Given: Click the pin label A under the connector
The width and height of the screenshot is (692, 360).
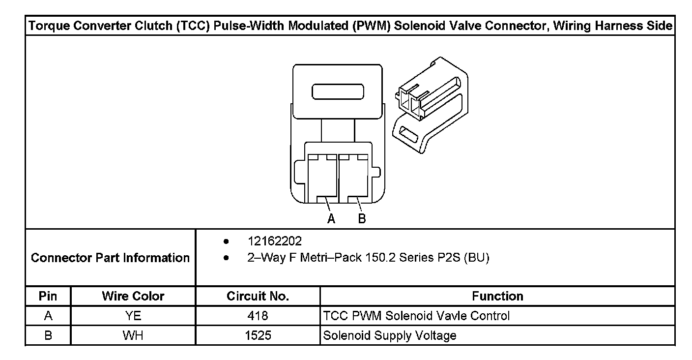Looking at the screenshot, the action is [x=331, y=219].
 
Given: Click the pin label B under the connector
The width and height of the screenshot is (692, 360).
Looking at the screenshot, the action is [x=362, y=219].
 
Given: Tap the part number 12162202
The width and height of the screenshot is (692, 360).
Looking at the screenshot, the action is [x=275, y=241].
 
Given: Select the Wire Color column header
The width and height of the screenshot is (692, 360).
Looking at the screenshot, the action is [x=133, y=297].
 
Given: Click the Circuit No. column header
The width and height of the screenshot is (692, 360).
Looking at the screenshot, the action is [x=258, y=297].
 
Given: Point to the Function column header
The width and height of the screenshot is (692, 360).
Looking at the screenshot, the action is [x=497, y=297].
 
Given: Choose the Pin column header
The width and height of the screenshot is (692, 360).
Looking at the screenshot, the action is [x=48, y=297].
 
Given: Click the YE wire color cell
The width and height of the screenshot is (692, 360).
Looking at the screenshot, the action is [x=133, y=316].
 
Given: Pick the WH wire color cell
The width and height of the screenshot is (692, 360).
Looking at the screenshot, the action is [x=133, y=336].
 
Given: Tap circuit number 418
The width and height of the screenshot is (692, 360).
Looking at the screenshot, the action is [x=258, y=316].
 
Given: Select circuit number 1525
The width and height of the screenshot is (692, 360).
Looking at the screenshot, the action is [x=258, y=336].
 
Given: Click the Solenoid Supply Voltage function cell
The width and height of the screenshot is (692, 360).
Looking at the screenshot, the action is [x=389, y=336].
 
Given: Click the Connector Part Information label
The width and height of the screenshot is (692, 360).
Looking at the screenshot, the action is [x=110, y=258].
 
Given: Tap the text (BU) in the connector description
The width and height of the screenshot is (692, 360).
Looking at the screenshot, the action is [x=476, y=258].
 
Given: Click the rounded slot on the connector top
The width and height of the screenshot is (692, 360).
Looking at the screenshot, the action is [x=337, y=92].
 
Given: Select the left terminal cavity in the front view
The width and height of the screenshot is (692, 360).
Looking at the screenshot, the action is [x=322, y=180].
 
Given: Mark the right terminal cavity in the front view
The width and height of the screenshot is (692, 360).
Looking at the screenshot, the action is [x=353, y=180].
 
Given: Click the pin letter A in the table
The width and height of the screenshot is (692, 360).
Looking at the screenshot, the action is [x=48, y=316].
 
